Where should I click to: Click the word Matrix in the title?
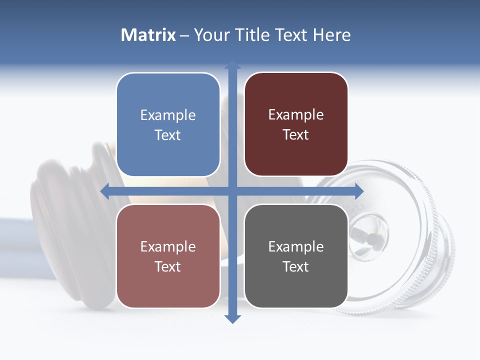coord(148,35)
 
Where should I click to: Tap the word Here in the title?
coord(332,35)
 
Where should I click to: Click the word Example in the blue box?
coord(168,115)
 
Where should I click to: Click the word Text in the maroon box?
coord(296,135)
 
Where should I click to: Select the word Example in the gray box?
coord(296,246)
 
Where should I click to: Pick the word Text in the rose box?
coord(168,266)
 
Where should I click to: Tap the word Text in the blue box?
coord(168,135)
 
